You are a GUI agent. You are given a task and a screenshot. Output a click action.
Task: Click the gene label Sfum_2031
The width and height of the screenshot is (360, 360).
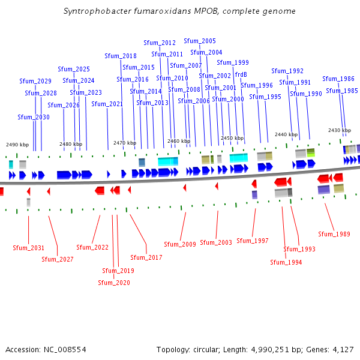coord(29,248)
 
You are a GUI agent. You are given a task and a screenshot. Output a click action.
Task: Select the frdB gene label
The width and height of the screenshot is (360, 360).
coord(241,74)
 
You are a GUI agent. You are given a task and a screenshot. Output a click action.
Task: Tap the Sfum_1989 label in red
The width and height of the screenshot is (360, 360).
coord(334,233)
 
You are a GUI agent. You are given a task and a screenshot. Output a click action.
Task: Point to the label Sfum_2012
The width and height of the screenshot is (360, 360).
coord(160,43)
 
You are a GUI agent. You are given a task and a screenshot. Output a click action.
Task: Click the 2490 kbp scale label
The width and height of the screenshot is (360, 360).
coord(17,145)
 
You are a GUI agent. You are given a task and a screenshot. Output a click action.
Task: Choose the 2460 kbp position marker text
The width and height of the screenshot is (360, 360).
coord(179,141)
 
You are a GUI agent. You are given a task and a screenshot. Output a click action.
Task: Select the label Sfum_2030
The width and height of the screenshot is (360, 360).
coord(34,117)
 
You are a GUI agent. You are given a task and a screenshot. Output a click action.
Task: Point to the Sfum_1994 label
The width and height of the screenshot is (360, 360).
coord(286,262)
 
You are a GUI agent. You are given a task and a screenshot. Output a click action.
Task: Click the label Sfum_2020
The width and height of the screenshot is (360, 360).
coord(114,283)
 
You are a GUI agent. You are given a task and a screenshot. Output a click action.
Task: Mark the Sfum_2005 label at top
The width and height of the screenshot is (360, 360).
coord(200,41)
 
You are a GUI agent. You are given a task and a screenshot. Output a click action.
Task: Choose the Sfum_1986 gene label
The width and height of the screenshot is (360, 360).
coord(338,79)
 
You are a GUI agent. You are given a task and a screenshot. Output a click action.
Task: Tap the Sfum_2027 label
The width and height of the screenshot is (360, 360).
coord(58,259)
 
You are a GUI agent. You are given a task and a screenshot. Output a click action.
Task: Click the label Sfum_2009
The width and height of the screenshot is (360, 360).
coord(180,244)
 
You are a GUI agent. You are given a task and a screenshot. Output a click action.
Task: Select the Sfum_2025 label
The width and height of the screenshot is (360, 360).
coord(74,69)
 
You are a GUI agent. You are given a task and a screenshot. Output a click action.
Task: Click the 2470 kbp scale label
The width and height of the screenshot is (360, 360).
coord(125,143)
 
